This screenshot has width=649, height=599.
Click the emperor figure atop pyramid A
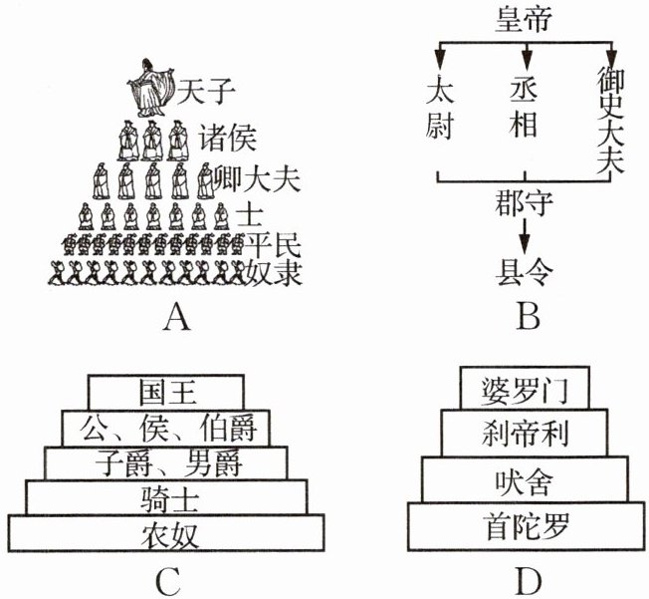(x=150, y=85)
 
